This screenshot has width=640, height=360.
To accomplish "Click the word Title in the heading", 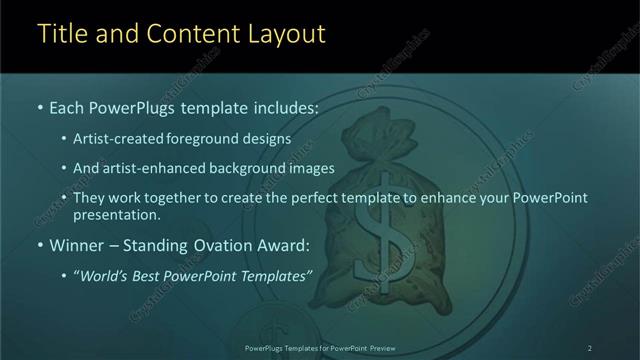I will [x=63, y=34].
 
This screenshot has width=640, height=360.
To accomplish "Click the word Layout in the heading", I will [x=286, y=34].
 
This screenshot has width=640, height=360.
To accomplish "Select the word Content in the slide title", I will [x=190, y=34].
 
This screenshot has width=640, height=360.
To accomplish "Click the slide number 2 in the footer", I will [x=590, y=348].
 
